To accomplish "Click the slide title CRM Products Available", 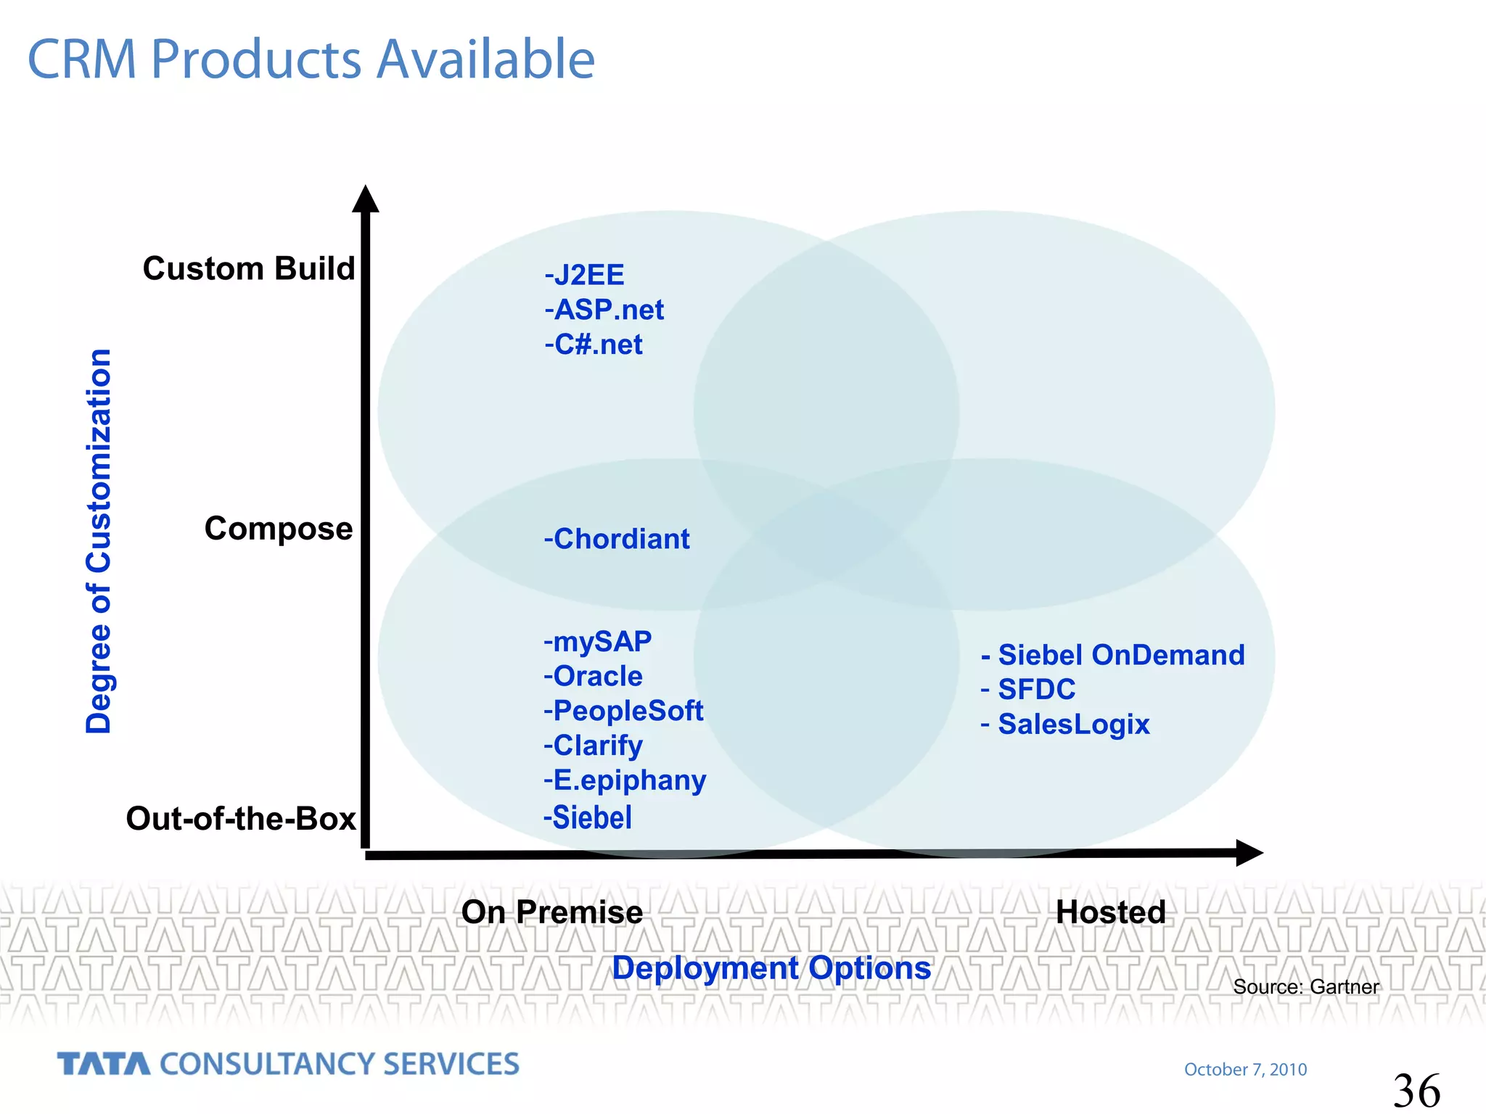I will (x=311, y=59).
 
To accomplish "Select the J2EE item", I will (x=585, y=276).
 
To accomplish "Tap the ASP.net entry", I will (x=604, y=310).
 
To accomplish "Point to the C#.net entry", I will (x=594, y=345).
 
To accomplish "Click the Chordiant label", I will (x=617, y=540).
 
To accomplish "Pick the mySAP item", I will (x=598, y=642).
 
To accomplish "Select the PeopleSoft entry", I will (x=623, y=711).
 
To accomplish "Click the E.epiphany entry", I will (x=625, y=781).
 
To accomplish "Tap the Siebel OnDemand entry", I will (x=1113, y=656).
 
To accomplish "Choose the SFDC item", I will (x=1028, y=690).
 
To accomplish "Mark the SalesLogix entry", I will (x=1065, y=725).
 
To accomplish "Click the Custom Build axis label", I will (x=249, y=269).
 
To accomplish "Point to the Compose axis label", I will (x=279, y=529).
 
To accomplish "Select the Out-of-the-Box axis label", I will (x=241, y=819).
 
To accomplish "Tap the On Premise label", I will (x=552, y=912).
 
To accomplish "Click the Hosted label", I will (x=1111, y=912).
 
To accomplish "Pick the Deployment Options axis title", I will (x=771, y=968).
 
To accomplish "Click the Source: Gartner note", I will (x=1306, y=987).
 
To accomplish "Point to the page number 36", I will (x=1416, y=1091).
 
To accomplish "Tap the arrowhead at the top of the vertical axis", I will (x=366, y=199).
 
